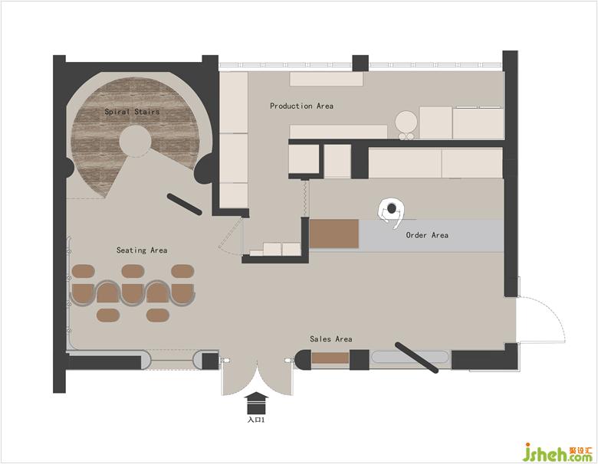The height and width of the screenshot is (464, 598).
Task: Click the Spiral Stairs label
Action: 132,112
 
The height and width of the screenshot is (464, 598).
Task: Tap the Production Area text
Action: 301,106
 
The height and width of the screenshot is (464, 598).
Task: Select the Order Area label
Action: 427,235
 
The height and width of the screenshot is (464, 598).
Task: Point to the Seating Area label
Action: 142,250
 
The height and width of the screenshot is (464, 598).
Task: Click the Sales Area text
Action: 330,338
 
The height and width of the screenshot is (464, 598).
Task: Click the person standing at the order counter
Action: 391,213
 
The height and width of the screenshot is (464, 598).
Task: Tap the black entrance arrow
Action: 256,403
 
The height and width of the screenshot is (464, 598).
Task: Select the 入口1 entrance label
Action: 256,420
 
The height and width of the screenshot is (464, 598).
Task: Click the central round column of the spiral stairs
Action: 135,141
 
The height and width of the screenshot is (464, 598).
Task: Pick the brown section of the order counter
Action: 333,234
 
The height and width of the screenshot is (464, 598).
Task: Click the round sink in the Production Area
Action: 405,121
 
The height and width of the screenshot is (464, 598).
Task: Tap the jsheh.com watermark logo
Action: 557,452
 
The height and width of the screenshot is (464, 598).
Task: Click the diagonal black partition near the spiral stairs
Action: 185,204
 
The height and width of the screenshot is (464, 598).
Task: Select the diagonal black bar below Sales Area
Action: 416,358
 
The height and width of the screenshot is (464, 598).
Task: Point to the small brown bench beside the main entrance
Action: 330,358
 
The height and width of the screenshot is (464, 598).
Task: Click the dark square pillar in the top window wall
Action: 360,64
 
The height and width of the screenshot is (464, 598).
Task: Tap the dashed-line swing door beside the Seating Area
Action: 230,236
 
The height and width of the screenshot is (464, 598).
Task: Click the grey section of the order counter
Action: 431,235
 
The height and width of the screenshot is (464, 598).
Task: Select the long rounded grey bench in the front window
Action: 411,357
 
